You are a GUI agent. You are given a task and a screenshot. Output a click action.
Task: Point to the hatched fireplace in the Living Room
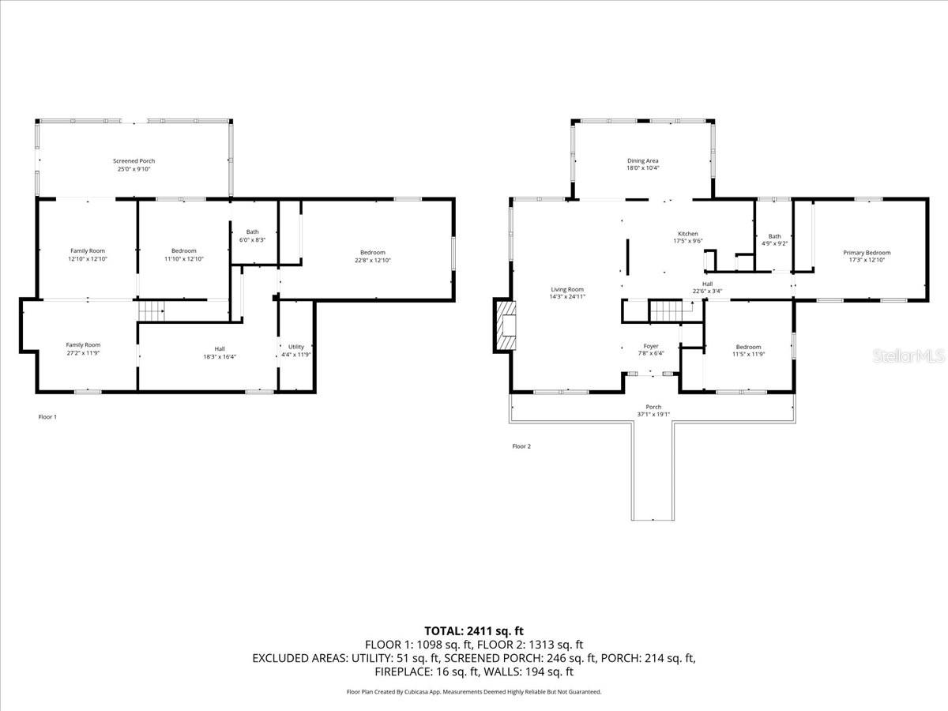coord(505,325)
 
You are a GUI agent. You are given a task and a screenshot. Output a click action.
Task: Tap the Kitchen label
coord(687,234)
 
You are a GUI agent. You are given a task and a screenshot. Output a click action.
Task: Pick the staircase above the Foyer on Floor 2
coord(664,310)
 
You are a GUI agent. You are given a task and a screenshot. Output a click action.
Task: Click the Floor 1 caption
coord(47,416)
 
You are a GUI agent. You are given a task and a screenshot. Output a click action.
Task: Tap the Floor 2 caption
coord(521,446)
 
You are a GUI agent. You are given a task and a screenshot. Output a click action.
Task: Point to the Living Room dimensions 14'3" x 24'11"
coord(567,296)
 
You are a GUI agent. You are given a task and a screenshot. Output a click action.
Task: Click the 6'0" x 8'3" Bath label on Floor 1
coord(252,235)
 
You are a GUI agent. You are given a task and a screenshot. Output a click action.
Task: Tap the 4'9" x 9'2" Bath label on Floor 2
coord(774,240)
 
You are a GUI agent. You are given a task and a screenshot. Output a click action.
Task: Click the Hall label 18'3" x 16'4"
coord(220,352)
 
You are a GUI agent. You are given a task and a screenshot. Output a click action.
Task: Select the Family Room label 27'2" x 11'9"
coord(83,348)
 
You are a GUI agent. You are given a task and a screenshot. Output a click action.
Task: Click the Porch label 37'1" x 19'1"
coord(653,411)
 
